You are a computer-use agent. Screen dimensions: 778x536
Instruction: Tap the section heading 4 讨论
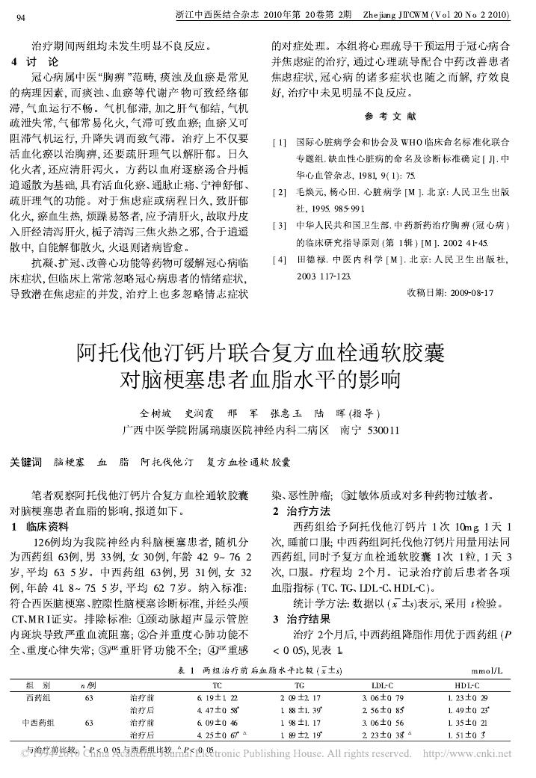(37, 61)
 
